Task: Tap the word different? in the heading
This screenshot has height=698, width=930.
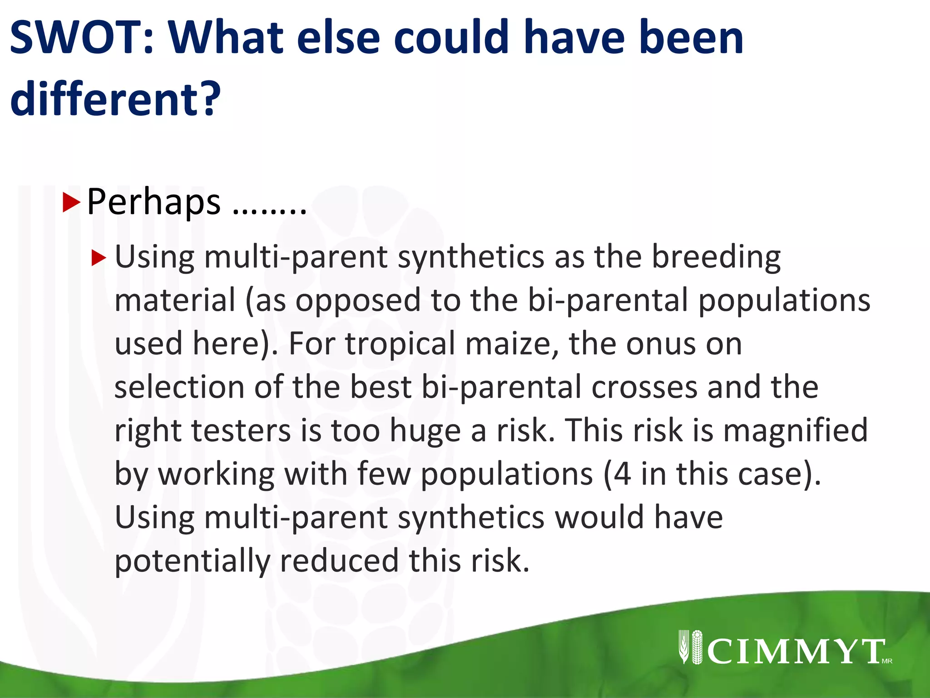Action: pos(115,98)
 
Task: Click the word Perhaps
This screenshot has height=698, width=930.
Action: pos(153,203)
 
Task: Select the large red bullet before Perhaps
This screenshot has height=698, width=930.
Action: pos(71,203)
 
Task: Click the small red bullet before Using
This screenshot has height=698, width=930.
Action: pos(98,258)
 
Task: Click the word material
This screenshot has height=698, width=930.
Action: pos(175,301)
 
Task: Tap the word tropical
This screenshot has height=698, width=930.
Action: pos(400,344)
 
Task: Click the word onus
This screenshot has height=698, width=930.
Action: pos(661,344)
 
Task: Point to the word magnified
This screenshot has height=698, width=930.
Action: pos(795,430)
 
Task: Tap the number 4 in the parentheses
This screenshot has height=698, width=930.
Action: pos(622,474)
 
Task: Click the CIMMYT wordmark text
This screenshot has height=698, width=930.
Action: pos(795,652)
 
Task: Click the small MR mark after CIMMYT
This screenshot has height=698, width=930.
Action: pos(887,661)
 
